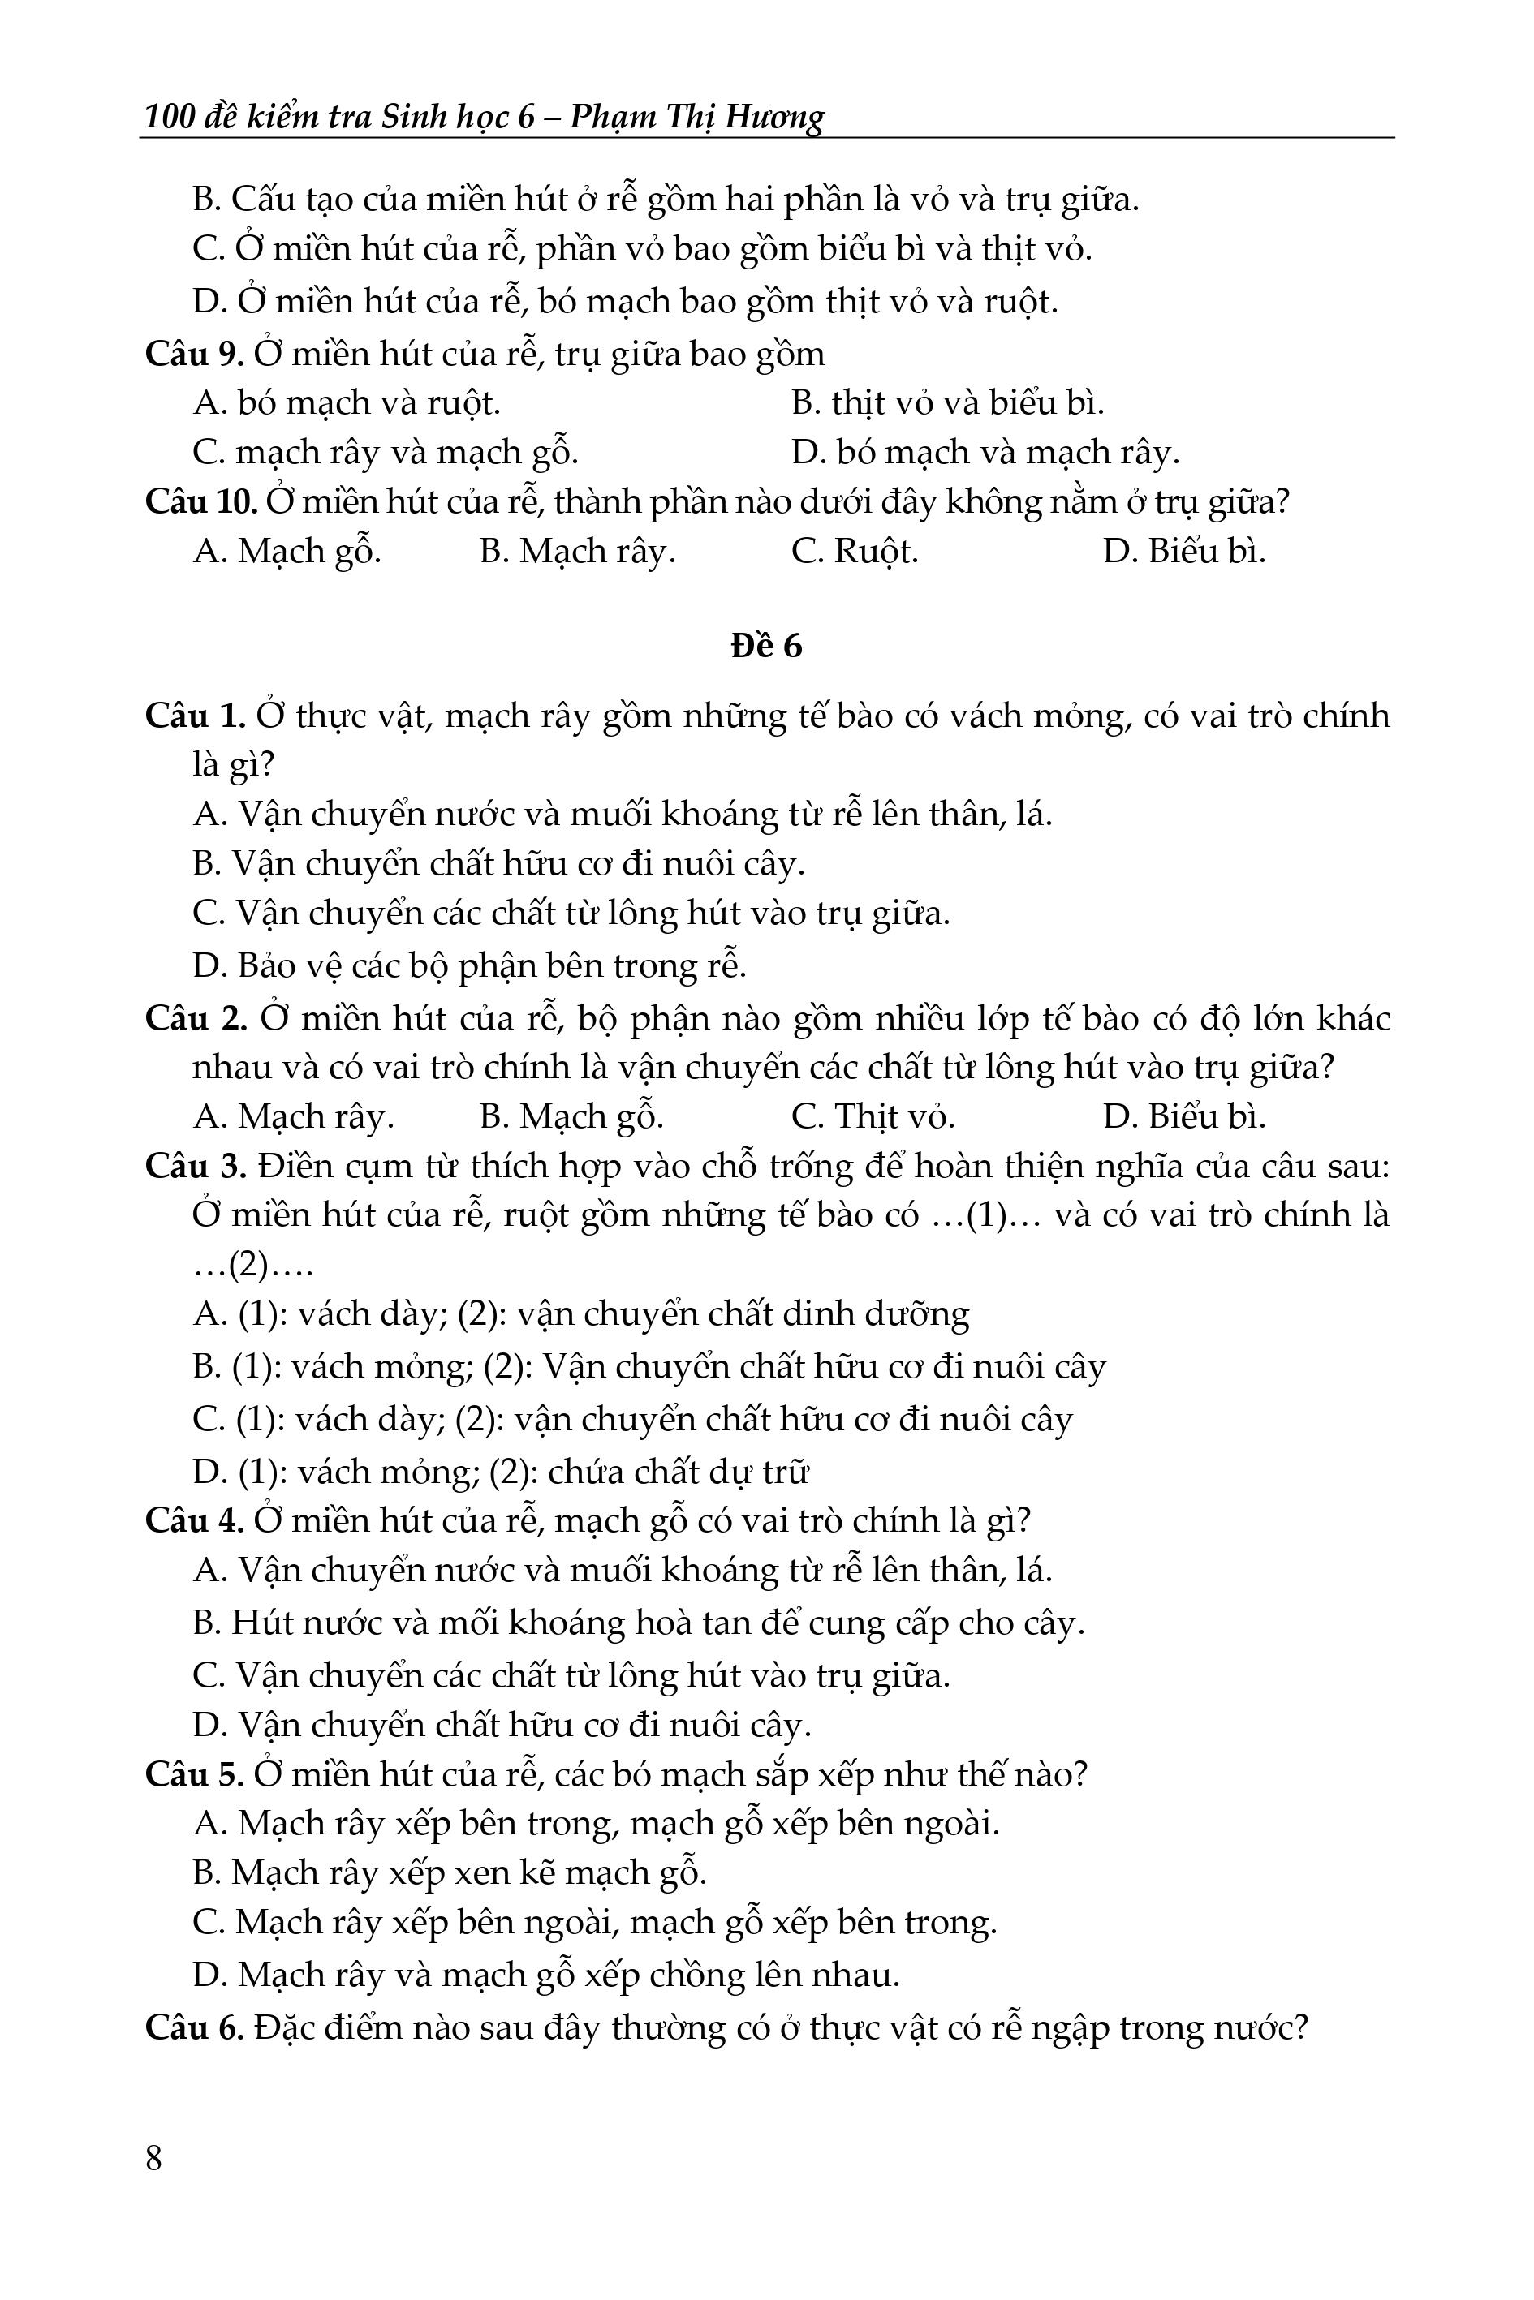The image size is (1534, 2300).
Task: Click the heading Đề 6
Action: [766, 647]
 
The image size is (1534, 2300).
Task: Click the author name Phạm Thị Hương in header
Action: [696, 116]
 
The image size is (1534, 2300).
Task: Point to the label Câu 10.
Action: [200, 501]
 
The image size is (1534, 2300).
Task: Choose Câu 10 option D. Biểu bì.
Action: [1183, 552]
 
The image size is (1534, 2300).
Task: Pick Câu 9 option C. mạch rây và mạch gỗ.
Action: [386, 452]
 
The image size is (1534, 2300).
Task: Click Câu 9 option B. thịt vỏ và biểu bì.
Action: [947, 402]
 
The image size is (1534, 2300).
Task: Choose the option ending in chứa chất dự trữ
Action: [501, 1471]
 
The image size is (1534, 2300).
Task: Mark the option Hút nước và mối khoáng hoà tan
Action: [638, 1623]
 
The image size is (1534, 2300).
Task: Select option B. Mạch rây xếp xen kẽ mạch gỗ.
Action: [449, 1872]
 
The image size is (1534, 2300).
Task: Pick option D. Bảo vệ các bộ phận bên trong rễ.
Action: [470, 965]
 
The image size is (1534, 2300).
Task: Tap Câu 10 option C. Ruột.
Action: [854, 552]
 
